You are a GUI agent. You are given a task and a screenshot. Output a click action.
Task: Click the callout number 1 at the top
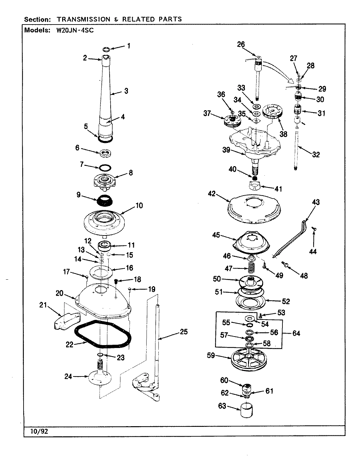point(129,46)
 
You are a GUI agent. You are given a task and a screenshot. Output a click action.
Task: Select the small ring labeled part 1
point(106,50)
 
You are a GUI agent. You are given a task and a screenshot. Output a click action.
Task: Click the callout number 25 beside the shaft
point(184,332)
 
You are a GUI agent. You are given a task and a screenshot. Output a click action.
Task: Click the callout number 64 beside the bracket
point(296,333)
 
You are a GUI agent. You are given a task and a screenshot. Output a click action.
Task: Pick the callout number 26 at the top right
point(241,44)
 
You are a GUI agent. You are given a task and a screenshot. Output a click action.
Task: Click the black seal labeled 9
point(105,200)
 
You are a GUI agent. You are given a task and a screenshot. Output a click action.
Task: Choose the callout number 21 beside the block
point(43,305)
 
